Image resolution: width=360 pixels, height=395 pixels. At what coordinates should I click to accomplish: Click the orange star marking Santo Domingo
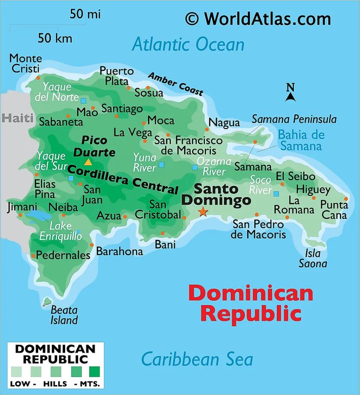click(202, 212)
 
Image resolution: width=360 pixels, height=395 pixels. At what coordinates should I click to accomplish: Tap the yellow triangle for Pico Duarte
click(88, 162)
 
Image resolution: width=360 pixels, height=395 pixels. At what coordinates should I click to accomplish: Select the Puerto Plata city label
click(116, 76)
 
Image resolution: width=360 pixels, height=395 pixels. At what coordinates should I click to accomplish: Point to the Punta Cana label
click(334, 209)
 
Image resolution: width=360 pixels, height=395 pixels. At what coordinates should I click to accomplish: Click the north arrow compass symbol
click(291, 93)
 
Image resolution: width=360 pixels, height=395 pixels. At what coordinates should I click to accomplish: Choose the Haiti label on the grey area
click(18, 118)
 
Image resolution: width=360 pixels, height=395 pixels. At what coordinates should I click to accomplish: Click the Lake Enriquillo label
click(61, 231)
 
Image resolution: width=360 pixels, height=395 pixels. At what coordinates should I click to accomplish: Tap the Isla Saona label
click(313, 258)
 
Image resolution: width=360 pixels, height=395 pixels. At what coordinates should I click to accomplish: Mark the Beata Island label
click(64, 315)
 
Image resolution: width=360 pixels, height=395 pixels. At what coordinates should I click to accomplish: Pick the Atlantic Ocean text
click(188, 44)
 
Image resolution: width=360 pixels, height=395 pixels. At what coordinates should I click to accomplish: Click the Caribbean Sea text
click(197, 359)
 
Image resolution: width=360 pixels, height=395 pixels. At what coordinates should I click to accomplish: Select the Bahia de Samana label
click(301, 140)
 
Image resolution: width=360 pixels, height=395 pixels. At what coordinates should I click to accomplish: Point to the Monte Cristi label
click(25, 63)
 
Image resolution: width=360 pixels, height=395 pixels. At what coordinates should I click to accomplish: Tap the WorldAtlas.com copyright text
click(258, 19)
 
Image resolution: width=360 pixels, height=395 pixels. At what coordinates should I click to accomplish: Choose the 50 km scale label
click(55, 38)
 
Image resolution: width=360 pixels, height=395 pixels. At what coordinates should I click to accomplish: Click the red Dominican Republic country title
click(250, 303)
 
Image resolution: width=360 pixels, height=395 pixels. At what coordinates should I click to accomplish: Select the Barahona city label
click(119, 251)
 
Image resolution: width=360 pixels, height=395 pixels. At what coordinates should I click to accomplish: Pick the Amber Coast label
click(175, 84)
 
